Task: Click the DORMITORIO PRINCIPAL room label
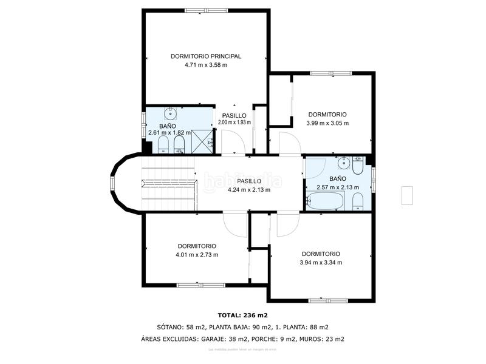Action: tap(206, 56)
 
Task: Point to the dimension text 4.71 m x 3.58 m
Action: tap(206, 65)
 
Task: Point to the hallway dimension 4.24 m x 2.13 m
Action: tap(249, 190)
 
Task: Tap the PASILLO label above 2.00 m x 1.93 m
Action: tap(234, 115)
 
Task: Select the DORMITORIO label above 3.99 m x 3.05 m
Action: tap(327, 114)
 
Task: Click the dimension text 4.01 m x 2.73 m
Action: tap(197, 255)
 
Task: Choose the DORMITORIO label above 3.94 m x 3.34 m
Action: tap(321, 254)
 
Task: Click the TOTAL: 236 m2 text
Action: tap(243, 315)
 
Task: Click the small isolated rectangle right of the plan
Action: tap(407, 195)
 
